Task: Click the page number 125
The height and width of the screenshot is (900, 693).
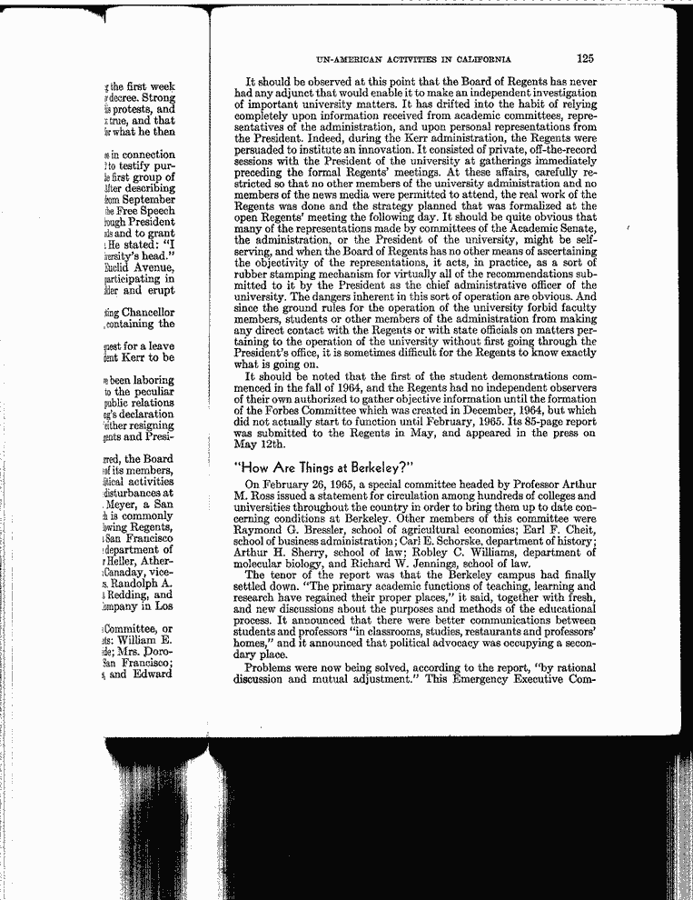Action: point(584,59)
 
